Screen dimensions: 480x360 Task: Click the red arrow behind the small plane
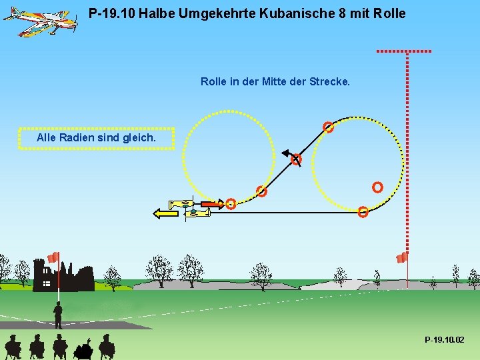[x=211, y=203]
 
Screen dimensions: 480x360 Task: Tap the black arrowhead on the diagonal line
[x=285, y=153]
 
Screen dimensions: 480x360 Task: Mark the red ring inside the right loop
[x=377, y=187]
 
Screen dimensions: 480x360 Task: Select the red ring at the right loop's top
[x=328, y=127]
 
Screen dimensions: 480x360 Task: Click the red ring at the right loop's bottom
[x=363, y=213]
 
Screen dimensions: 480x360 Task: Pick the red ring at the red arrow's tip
[x=230, y=204]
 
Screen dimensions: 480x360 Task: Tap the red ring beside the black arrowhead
[x=296, y=160]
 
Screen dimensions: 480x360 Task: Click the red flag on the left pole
[x=53, y=257]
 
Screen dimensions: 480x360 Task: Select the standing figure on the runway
[x=58, y=315]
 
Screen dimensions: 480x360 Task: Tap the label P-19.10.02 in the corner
[x=445, y=341]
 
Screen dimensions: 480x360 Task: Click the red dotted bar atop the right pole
[x=404, y=51]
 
